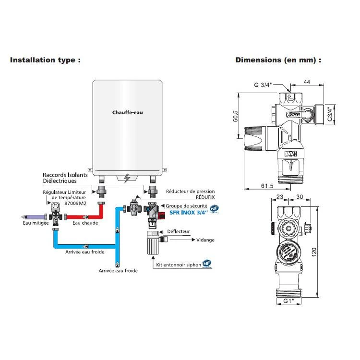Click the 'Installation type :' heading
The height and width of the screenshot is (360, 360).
point(45,60)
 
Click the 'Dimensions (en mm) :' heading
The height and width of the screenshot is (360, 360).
point(278,60)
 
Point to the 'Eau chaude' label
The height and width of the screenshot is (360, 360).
point(85,223)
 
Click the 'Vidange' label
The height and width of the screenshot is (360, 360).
point(205,240)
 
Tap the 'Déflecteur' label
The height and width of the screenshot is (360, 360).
point(180,231)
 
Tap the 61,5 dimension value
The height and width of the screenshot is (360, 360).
point(267,185)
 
